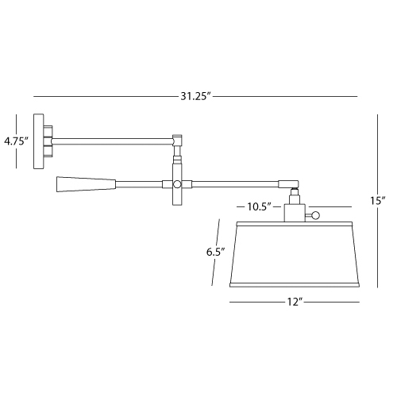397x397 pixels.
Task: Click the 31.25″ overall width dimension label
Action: point(197,96)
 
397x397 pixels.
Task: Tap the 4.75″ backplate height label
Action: point(16,141)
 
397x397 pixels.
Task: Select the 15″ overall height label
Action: point(377,201)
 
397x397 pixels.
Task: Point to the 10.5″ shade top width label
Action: point(260,206)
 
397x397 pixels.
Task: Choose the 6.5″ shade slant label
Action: point(216,252)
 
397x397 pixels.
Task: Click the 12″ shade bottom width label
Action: point(295,302)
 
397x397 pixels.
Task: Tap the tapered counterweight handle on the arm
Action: point(86,184)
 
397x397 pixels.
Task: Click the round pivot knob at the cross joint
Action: point(177,184)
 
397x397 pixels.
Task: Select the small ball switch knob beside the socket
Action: point(315,215)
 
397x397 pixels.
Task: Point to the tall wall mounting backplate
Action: point(38,141)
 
